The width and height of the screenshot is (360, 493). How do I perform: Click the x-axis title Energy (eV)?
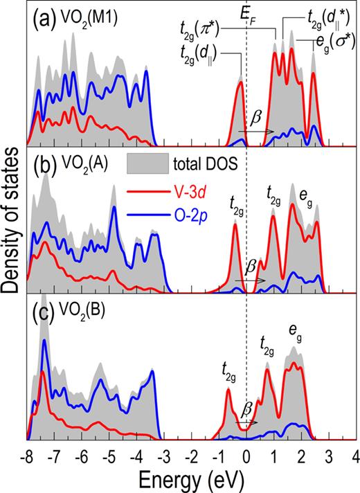pyautogui.click(x=188, y=478)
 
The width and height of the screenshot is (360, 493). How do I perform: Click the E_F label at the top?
pyautogui.click(x=247, y=16)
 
